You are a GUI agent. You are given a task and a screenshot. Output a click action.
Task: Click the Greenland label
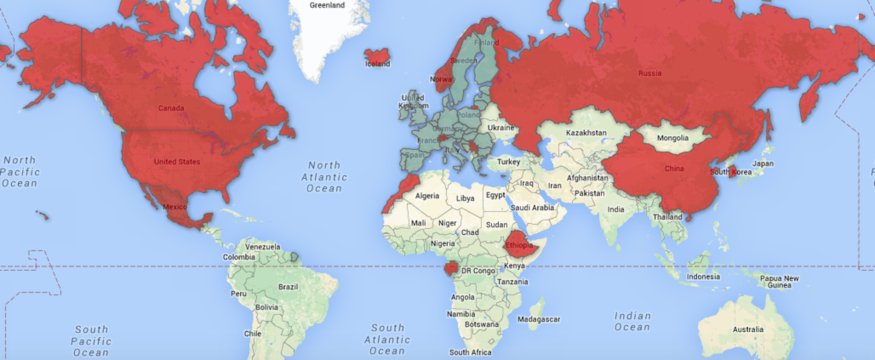coord(327,5)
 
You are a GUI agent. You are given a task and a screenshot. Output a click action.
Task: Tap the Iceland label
coord(377,64)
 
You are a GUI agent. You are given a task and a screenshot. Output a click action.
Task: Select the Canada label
coord(171,108)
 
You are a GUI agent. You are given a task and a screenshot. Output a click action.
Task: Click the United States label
coord(177,162)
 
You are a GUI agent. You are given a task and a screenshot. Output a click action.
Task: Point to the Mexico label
coord(175,207)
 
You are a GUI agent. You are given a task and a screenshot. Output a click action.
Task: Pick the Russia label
coord(649,73)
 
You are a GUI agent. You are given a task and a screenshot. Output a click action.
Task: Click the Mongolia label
coord(673,138)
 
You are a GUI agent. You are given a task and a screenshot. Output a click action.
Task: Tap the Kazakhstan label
coord(586,133)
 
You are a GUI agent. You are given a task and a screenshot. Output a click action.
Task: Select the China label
coord(674,169)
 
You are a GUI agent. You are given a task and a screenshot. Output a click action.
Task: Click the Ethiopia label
coord(519,245)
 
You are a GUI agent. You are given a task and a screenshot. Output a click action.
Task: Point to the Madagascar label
coord(539,319)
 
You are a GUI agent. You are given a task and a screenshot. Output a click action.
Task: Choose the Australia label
coord(748,329)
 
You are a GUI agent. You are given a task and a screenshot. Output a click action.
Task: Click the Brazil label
coord(288,287)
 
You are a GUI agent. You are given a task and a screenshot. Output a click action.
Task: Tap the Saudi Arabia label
coord(532,208)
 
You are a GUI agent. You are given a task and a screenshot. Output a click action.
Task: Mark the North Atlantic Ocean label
coord(324,177)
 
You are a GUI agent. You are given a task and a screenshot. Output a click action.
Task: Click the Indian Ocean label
coord(632,321)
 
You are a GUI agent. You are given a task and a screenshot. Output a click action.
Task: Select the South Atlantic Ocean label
coord(387,339)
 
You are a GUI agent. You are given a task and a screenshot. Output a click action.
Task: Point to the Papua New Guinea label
coord(779,282)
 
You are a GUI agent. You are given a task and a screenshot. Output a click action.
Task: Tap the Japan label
coord(762,164)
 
